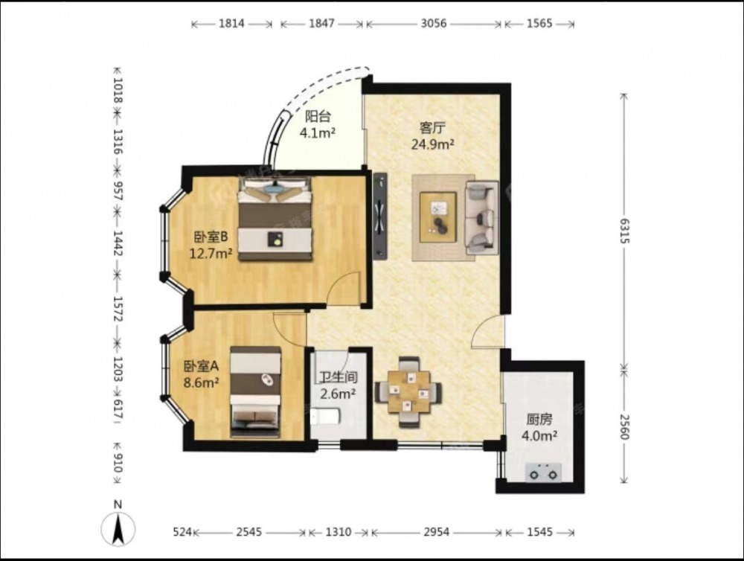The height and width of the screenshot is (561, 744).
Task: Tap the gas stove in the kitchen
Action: pyautogui.click(x=543, y=472)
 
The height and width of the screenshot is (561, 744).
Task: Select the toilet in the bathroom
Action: pyautogui.click(x=325, y=417)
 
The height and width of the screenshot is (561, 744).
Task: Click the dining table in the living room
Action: pyautogui.click(x=408, y=391)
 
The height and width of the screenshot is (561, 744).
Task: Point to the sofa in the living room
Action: pyautogui.click(x=482, y=217)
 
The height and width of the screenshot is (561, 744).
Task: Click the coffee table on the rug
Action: pyautogui.click(x=438, y=217)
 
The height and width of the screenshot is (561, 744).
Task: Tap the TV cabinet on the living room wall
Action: pyautogui.click(x=380, y=216)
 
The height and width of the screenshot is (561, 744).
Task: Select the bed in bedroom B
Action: pyautogui.click(x=276, y=219)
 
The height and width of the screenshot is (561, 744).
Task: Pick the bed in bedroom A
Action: pyautogui.click(x=255, y=392)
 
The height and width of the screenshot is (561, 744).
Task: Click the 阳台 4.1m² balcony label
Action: pyautogui.click(x=318, y=125)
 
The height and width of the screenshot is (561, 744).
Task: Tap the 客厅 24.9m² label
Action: pyautogui.click(x=433, y=135)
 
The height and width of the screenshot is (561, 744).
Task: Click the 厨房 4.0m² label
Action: pyautogui.click(x=539, y=427)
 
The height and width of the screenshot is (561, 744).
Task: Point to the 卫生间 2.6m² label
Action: pyautogui.click(x=338, y=385)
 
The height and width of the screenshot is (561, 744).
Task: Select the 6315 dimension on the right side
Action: pyautogui.click(x=624, y=231)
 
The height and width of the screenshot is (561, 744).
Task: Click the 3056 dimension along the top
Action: pyautogui.click(x=434, y=23)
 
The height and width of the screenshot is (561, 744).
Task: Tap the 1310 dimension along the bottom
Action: pyautogui.click(x=339, y=532)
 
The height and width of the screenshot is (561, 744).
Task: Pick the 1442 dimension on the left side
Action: pyautogui.click(x=118, y=243)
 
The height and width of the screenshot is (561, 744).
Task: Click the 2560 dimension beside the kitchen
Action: pyautogui.click(x=624, y=426)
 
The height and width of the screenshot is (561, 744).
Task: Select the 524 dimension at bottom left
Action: pyautogui.click(x=182, y=532)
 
